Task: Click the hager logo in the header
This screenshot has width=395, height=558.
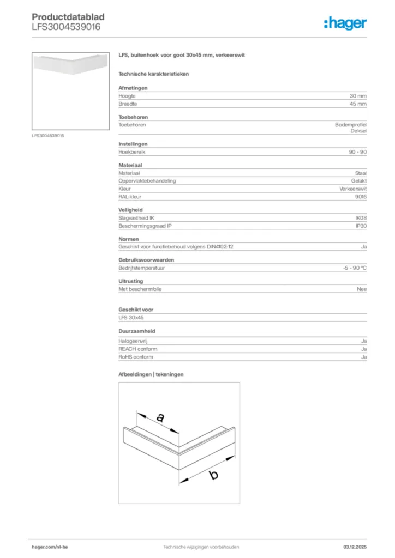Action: coord(345,23)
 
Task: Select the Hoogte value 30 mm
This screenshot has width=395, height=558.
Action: coord(358,96)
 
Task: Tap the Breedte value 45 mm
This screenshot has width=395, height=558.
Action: coord(358,104)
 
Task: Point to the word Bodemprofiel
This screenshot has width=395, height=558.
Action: coord(350,125)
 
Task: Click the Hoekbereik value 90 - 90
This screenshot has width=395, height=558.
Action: coord(357,152)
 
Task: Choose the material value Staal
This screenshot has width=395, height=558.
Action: coord(361,173)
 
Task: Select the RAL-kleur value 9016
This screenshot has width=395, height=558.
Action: coord(360,197)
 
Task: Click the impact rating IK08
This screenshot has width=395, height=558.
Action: coord(360,218)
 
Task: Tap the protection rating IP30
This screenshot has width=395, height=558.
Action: coord(361,226)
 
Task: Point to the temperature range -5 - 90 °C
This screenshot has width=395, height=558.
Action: coord(351,269)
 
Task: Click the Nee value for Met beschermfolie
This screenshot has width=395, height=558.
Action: coord(361,290)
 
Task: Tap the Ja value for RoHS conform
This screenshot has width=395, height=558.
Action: coord(363,357)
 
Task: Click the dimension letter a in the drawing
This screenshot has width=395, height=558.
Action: coord(160,418)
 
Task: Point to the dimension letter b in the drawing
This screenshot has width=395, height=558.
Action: coord(213,475)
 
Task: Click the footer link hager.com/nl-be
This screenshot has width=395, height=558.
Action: coord(50,547)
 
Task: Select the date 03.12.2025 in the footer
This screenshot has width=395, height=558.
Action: coord(355,547)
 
